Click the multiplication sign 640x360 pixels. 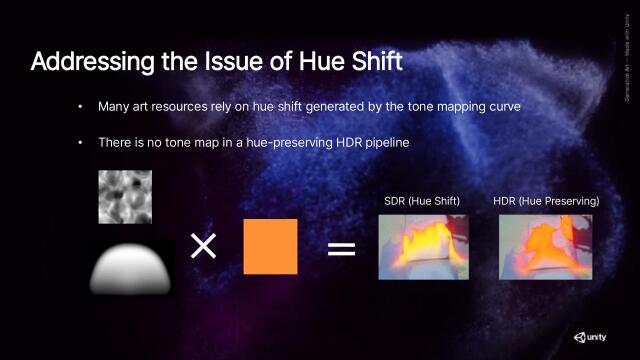tap(204, 246)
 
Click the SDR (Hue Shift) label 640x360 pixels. tap(422, 202)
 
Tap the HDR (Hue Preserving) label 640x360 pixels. tap(546, 202)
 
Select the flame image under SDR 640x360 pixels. tap(423, 246)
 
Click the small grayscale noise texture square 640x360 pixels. tap(125, 196)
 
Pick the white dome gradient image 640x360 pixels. tap(131, 268)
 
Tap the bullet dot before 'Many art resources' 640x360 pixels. tap(82, 106)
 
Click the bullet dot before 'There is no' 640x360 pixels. tap(82, 143)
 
